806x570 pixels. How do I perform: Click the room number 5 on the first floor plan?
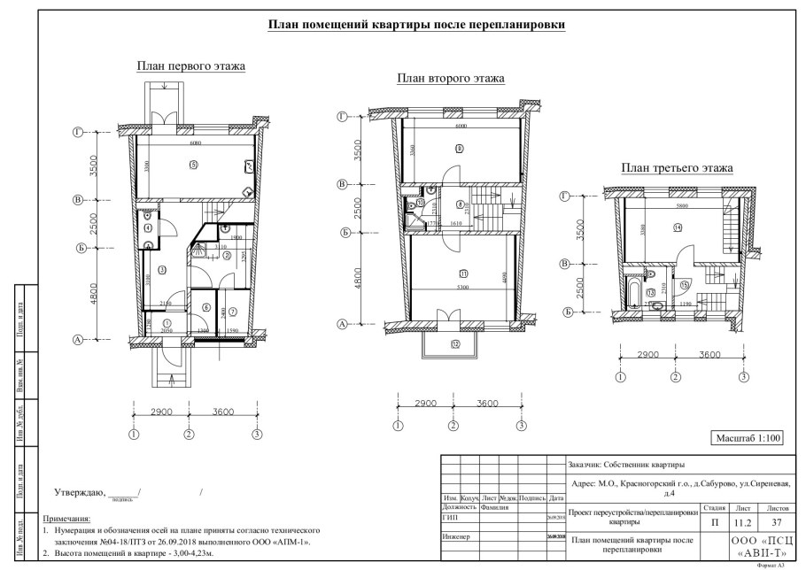192,165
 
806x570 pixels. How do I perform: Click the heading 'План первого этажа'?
190,66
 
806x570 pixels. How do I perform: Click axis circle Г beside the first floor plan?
78,132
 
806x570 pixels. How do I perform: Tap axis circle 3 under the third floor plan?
743,376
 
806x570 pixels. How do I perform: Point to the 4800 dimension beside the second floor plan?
359,281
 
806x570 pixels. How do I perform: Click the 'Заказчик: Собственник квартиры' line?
624,464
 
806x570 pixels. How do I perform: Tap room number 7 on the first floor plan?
233,312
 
